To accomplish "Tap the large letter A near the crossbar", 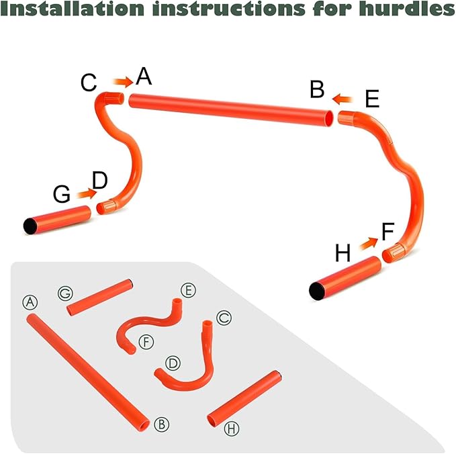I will point(144,77).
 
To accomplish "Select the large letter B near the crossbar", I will point(317,89).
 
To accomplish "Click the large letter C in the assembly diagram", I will point(89,83).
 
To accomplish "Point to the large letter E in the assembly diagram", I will point(372,99).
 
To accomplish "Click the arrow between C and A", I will point(122,81).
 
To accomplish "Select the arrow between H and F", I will point(367,244).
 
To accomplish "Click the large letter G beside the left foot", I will point(62,195).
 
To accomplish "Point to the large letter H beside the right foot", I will point(343,254).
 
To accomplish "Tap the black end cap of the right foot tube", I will point(316,290).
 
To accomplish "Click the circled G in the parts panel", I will point(65,293).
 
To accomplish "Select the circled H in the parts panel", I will point(232,428).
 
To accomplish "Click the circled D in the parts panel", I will point(173,363).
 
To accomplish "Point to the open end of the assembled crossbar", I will point(328,118).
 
